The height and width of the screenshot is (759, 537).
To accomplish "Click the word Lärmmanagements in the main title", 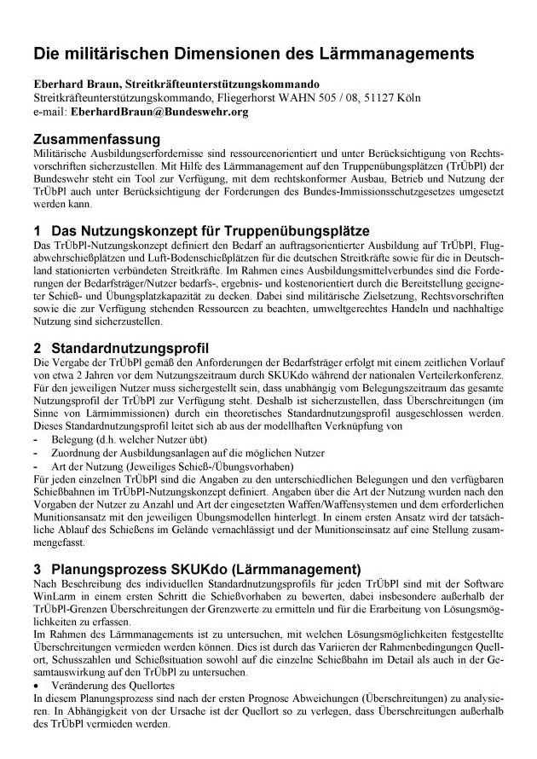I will coord(398,54).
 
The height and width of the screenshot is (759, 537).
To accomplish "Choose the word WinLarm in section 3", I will coord(54,597).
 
